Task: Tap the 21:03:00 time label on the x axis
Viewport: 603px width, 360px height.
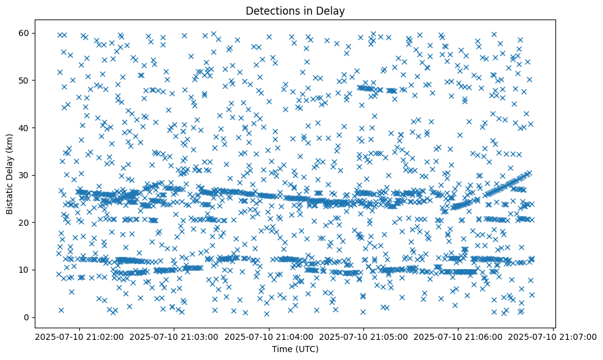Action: [174, 337]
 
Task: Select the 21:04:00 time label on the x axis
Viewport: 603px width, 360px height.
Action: [269, 337]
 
